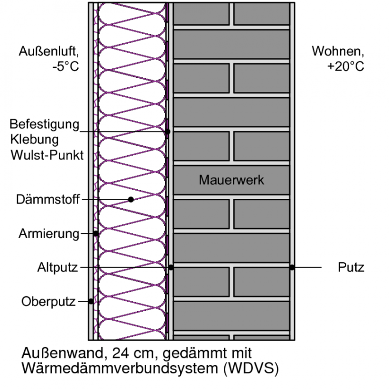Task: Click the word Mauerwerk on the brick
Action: coord(231,180)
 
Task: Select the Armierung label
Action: coord(48,233)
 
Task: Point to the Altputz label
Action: coord(57,268)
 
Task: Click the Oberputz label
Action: coord(48,301)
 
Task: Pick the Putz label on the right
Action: coord(351,268)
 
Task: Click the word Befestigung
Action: coord(44,125)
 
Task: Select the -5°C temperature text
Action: coord(65,66)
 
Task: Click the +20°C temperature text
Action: coord(345,66)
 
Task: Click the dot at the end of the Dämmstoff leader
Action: coord(131,199)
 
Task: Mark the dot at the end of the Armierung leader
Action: coord(96,233)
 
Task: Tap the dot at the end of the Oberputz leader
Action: coord(91,301)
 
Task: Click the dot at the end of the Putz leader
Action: coord(292,268)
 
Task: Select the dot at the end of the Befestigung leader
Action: coord(167,131)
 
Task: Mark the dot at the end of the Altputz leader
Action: coord(171,268)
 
